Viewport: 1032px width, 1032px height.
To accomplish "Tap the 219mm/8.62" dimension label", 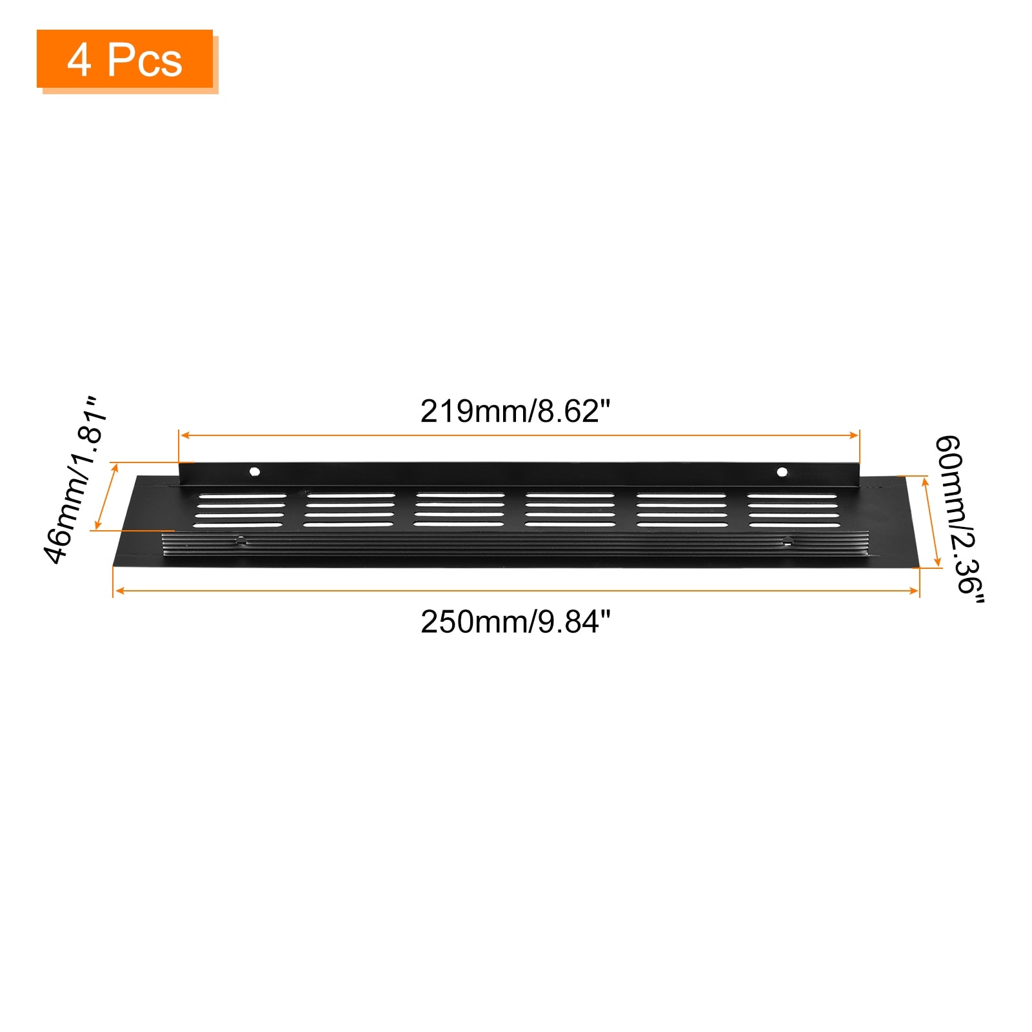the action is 515,412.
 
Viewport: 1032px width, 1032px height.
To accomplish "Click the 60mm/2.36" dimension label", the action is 959,520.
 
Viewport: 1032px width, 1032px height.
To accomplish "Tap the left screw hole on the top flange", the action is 255,471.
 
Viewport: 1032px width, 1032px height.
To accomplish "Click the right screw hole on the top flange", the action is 782,472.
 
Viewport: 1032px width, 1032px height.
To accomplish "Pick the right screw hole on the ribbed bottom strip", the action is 787,541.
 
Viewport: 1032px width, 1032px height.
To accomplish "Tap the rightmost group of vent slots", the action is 793,511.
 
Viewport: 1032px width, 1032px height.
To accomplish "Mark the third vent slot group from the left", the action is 459,511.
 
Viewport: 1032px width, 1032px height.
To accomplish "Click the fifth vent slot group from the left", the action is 682,511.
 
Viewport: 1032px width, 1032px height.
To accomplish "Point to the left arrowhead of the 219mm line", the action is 185,435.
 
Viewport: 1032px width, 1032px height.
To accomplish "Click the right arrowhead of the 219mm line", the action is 853,435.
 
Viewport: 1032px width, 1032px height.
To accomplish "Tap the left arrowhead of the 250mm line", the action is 119,591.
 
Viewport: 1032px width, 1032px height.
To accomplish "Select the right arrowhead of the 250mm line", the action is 913,591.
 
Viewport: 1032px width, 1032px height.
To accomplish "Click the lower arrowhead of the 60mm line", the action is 938,561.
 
